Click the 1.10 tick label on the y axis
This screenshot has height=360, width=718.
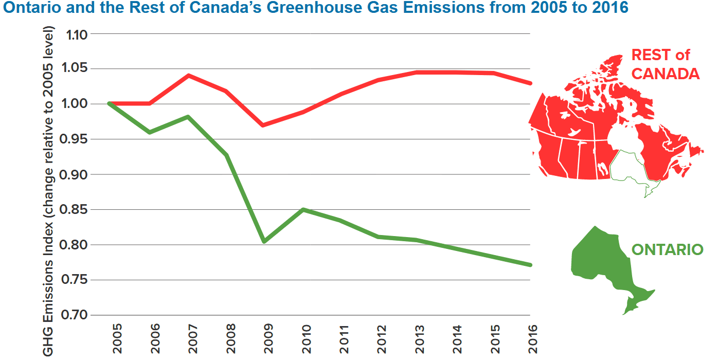point(75,34)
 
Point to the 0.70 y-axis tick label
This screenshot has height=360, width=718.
point(75,315)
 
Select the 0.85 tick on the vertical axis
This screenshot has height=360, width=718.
point(75,210)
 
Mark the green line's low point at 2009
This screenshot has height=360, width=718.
point(264,241)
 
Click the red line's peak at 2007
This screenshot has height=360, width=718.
point(189,76)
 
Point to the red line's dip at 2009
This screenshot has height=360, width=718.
point(264,125)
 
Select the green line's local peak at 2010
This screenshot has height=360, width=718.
point(303,209)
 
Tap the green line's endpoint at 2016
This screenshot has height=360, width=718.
point(530,265)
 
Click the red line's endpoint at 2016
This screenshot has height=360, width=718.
point(530,83)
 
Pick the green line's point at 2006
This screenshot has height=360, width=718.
point(150,132)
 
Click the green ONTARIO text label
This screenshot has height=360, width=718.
point(667,250)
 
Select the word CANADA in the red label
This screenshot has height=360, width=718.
point(665,74)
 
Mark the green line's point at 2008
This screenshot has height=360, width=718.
point(226,155)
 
